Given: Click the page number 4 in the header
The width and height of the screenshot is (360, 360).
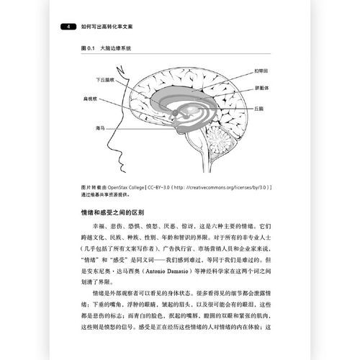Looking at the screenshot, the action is pyautogui.click(x=68, y=27).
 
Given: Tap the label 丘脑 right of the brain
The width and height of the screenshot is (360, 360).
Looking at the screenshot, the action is pyautogui.click(x=258, y=107).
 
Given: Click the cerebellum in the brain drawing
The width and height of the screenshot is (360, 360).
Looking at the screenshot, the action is pyautogui.click(x=220, y=138).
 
